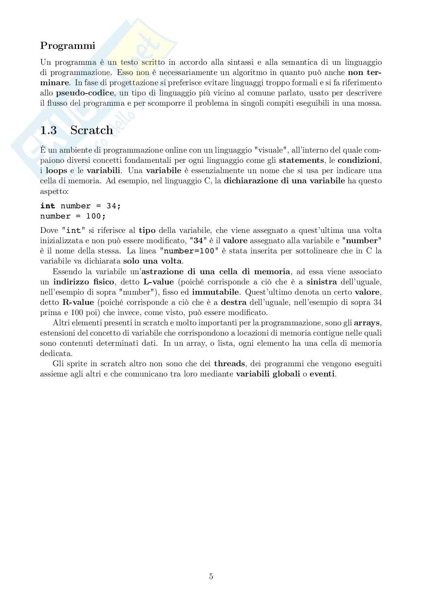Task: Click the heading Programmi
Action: (x=68, y=46)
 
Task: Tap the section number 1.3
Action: (x=48, y=130)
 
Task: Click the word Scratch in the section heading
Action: (x=92, y=130)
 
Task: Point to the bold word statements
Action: (x=301, y=160)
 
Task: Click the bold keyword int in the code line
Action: (x=48, y=206)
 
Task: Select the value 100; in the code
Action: (x=96, y=216)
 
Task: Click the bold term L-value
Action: (x=158, y=282)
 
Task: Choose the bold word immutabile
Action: (x=216, y=292)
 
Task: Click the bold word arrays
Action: (x=367, y=323)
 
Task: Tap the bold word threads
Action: (x=229, y=364)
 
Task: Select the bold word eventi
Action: (x=322, y=374)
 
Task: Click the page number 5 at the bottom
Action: (x=211, y=576)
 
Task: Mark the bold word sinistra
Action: (x=321, y=282)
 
